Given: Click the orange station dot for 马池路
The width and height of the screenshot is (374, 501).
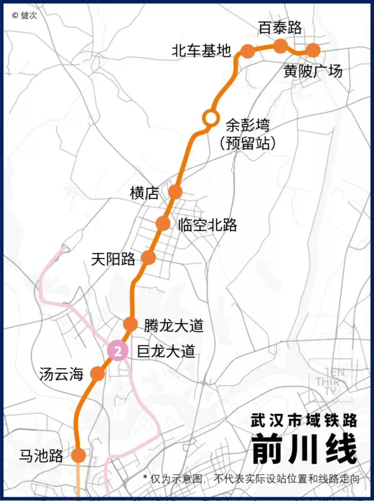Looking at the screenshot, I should [x=79, y=455].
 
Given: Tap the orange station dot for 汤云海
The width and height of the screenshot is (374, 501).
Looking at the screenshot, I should [x=98, y=374].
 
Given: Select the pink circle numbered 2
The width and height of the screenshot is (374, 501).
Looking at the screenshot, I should [x=118, y=351].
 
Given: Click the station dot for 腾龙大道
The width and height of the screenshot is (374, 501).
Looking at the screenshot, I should [x=131, y=324].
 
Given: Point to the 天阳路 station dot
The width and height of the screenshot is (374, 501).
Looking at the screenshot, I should [x=149, y=257].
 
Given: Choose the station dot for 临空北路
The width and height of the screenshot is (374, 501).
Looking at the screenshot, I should [x=163, y=223].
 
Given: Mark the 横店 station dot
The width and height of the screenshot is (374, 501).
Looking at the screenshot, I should [x=175, y=192].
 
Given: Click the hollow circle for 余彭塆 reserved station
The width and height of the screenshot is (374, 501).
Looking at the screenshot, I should [x=210, y=118].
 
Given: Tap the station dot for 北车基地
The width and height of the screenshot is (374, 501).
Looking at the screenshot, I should [x=248, y=51].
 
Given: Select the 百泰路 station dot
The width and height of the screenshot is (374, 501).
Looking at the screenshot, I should [x=280, y=46].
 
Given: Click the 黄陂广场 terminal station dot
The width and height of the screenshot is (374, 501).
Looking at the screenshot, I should [x=313, y=50].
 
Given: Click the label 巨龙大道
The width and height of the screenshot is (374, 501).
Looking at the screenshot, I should [x=166, y=351].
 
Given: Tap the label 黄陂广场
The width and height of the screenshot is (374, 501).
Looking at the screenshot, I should [x=313, y=71].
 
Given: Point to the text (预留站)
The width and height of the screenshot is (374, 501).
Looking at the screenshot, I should [x=248, y=143].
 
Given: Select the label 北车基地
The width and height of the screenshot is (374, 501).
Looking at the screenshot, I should [x=201, y=51].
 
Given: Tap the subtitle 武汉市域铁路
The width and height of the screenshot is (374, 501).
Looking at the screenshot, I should [x=304, y=420].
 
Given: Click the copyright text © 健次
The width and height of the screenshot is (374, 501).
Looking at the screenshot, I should [x=24, y=15].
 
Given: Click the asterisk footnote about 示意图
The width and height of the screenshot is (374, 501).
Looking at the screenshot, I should [x=251, y=479].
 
